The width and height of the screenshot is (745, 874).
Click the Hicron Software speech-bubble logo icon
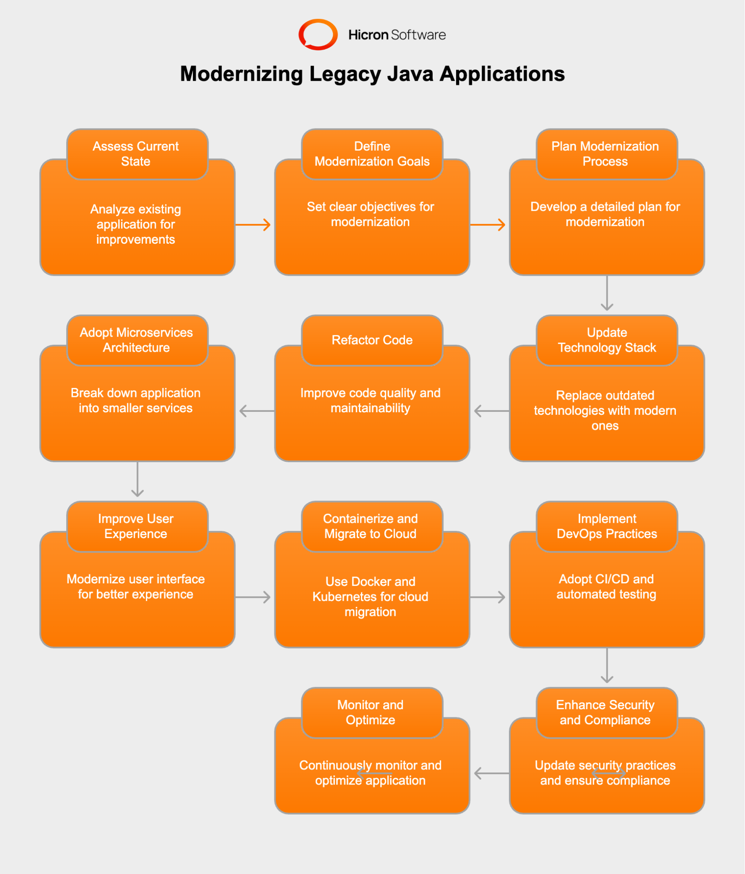(x=318, y=35)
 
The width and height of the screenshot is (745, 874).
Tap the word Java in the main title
(x=410, y=74)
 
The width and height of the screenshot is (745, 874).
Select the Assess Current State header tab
(x=137, y=154)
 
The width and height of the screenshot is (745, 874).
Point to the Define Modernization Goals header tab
(x=372, y=154)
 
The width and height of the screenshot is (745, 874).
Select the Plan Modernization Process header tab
(x=606, y=154)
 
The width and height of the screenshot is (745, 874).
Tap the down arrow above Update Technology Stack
(x=607, y=293)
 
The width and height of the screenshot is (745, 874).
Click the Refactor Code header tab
(x=372, y=340)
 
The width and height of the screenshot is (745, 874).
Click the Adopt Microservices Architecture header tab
(x=137, y=340)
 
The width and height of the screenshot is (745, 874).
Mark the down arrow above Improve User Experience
(x=137, y=479)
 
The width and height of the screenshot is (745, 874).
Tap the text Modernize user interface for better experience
(x=136, y=587)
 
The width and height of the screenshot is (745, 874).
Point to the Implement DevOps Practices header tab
(x=606, y=526)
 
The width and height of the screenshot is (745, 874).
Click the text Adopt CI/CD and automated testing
(x=606, y=587)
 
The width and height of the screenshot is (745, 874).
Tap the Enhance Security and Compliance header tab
(x=606, y=712)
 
